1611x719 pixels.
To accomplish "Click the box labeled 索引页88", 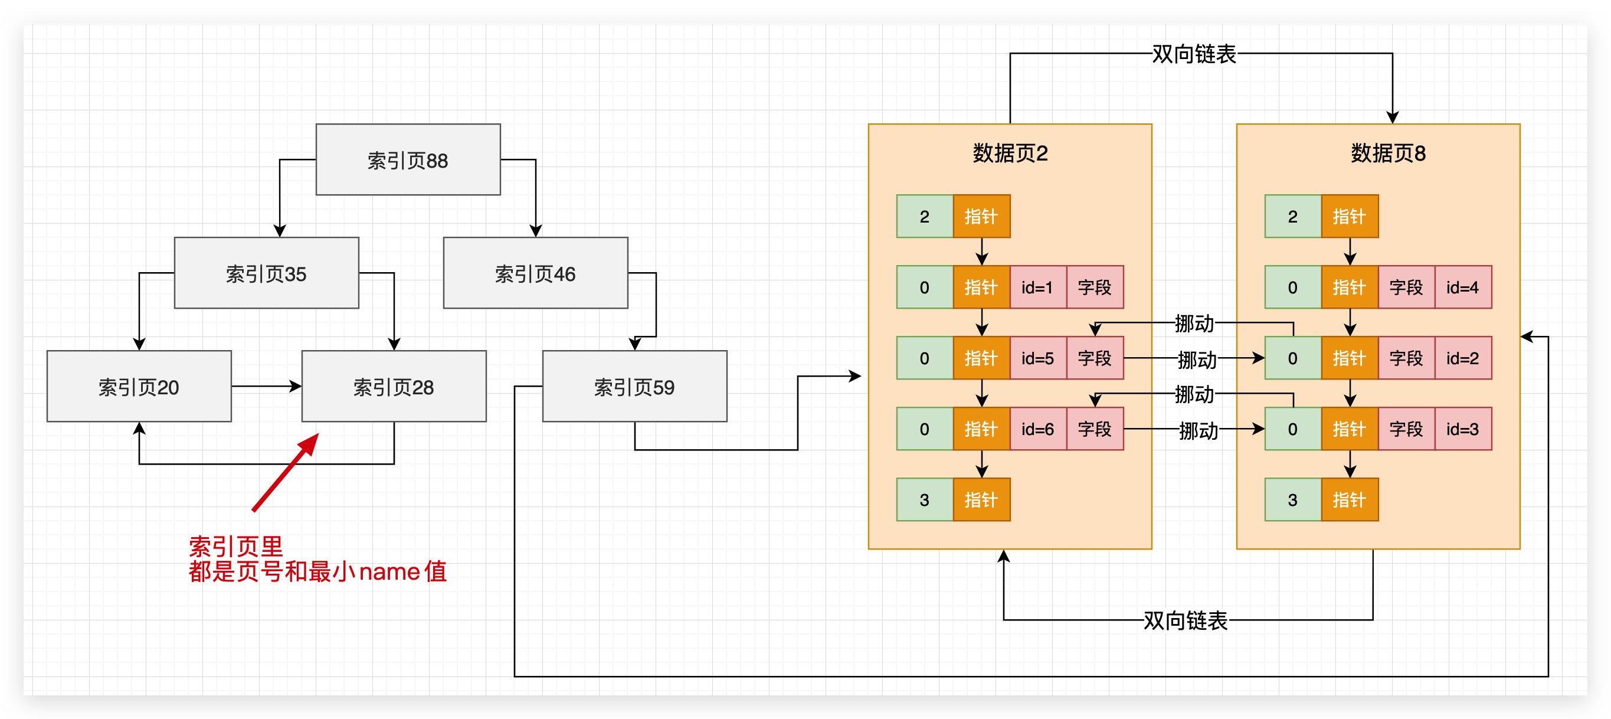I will (x=408, y=159).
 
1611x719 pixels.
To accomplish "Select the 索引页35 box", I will (x=266, y=273).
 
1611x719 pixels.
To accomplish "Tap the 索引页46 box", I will (x=535, y=273).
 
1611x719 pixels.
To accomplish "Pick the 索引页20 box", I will (x=139, y=386).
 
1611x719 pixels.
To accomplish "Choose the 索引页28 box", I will (x=394, y=386).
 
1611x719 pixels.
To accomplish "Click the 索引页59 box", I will (x=634, y=386).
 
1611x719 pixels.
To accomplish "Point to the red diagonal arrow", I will (x=285, y=473).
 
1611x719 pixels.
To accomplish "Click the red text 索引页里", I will (x=236, y=546).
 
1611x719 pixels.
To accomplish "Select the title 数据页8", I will (x=1388, y=153).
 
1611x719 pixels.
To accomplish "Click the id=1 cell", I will (x=1037, y=287).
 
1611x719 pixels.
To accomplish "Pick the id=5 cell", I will (x=1037, y=358).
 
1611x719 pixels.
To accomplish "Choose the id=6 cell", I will (x=1037, y=429).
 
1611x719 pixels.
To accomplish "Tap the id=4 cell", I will (x=1462, y=287).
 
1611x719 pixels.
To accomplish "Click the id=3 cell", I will (x=1462, y=429).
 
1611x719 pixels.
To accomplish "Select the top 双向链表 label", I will (x=1193, y=54).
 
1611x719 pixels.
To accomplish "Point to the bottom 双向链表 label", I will (x=1184, y=620).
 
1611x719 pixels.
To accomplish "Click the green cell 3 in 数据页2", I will (x=924, y=499).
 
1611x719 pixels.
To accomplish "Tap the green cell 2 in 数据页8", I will (x=1292, y=217).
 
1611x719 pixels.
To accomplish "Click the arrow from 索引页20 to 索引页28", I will (x=266, y=386).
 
